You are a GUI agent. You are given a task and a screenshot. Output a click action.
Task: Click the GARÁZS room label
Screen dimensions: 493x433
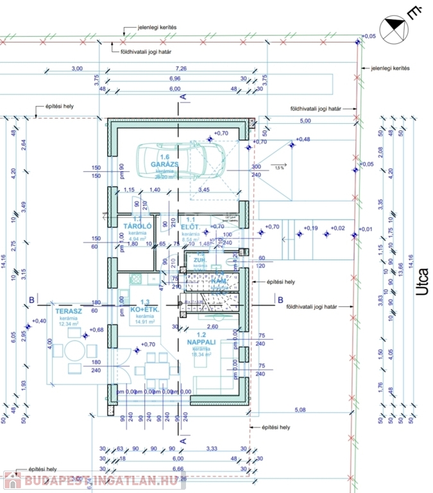164,164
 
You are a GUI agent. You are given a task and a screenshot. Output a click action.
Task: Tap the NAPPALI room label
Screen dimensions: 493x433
201,342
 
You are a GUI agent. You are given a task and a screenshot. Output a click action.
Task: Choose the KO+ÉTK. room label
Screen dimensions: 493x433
144,309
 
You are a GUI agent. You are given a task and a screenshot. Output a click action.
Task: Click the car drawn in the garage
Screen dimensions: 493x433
182,160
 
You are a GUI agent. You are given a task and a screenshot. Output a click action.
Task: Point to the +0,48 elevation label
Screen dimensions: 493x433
301,139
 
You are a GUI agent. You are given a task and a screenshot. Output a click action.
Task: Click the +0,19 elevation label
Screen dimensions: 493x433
310,228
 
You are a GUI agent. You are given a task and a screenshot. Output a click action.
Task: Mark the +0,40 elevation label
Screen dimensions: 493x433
39,320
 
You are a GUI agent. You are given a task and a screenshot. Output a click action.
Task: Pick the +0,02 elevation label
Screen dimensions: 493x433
337,228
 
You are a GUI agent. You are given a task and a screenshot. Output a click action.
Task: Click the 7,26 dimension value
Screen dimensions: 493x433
181,68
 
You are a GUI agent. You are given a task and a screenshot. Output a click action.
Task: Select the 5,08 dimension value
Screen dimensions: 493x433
300,409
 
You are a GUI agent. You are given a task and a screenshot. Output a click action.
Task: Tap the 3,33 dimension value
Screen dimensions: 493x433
213,449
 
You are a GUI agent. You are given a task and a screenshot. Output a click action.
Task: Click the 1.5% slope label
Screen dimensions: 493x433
279,167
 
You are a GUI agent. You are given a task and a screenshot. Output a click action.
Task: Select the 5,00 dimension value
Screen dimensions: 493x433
305,121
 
